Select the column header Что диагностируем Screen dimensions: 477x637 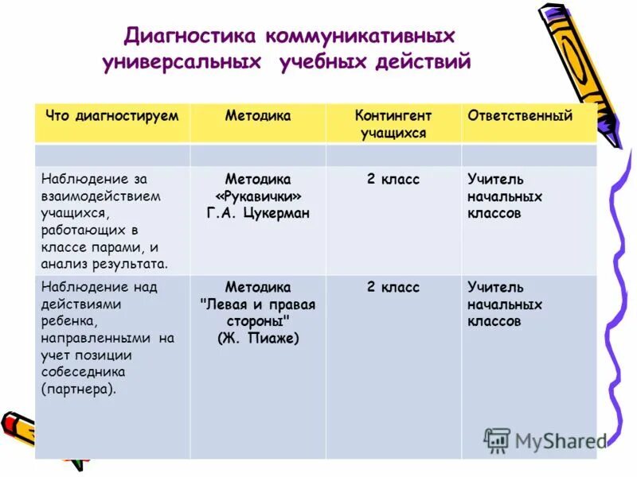click(x=112, y=116)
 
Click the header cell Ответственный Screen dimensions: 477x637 click(x=520, y=116)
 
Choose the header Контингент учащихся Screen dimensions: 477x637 click(x=393, y=125)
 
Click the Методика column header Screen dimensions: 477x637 click(x=258, y=116)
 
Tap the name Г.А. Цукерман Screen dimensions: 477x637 click(x=258, y=213)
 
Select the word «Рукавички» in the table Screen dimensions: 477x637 click(x=258, y=196)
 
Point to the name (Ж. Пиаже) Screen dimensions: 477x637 click(x=258, y=339)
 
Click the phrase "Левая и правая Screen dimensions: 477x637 click(x=258, y=304)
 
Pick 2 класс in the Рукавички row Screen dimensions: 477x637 click(x=393, y=180)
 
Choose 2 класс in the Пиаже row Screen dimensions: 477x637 click(x=393, y=287)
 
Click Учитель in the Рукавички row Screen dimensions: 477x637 click(x=495, y=180)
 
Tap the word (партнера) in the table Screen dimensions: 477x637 click(x=79, y=390)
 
